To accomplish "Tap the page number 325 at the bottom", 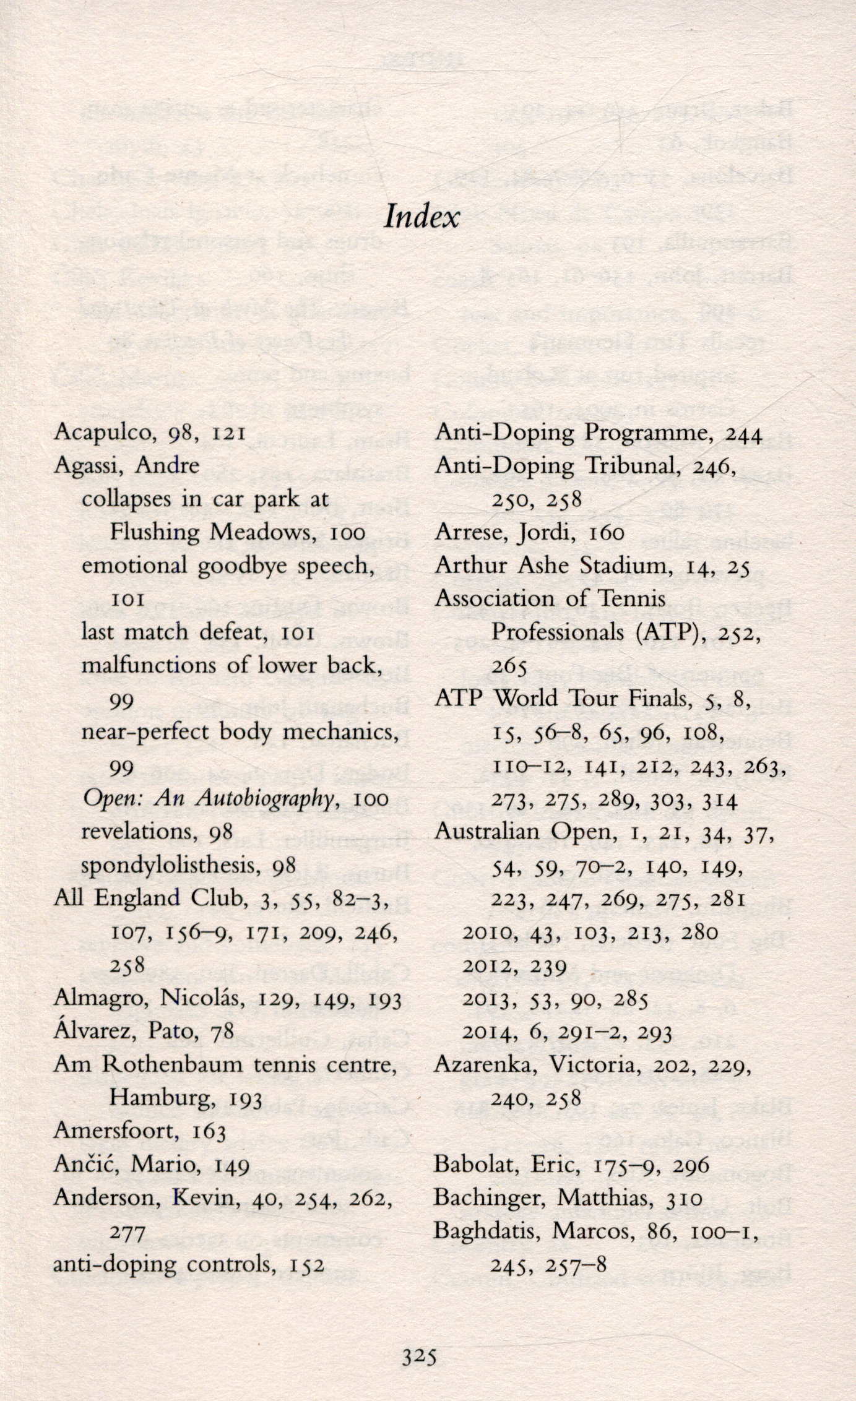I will coord(420,1356).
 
